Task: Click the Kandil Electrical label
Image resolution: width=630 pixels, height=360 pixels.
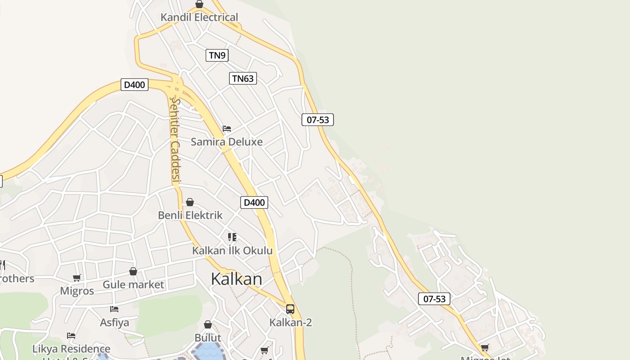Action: (199, 18)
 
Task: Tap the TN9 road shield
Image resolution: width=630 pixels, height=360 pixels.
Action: (217, 55)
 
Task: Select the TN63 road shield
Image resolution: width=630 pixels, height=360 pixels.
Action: (243, 79)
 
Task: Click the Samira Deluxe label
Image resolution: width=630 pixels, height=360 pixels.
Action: (226, 142)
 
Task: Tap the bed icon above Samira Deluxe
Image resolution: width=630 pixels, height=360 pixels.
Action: (227, 129)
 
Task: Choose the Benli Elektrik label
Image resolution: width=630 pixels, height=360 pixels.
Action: (190, 215)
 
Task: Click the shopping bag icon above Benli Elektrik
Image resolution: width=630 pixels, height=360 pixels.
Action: (190, 202)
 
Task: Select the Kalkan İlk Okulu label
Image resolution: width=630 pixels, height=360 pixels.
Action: (232, 251)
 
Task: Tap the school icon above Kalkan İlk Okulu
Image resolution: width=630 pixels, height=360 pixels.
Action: (232, 237)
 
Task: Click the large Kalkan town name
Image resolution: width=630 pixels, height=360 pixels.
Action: (236, 279)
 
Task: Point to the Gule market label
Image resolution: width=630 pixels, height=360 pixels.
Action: (133, 284)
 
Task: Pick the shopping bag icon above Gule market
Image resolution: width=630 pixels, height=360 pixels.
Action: (133, 271)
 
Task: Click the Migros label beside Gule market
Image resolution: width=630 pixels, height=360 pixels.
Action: (77, 291)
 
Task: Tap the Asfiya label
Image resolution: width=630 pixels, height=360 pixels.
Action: (114, 322)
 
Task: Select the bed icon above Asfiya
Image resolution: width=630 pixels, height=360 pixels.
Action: (114, 309)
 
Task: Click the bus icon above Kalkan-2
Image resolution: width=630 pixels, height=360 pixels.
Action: (290, 309)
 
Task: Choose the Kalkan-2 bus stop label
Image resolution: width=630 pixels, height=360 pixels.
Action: (290, 322)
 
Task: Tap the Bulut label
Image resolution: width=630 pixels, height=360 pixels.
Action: (208, 337)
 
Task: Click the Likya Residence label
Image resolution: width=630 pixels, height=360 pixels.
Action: (71, 349)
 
